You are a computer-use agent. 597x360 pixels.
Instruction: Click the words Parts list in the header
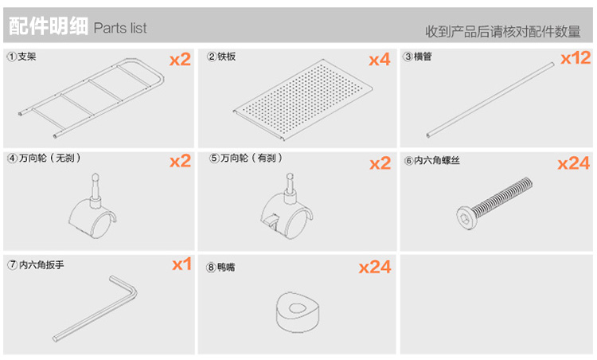pos(120,28)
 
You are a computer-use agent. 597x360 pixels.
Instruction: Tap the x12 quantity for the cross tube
pos(576,58)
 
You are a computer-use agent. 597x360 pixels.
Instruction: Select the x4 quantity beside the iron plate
pos(379,60)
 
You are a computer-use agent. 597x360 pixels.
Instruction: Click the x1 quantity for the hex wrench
pos(181,264)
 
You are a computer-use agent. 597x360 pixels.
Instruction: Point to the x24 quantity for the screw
pos(574,163)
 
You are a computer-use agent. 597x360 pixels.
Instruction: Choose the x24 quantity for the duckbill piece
pos(375,267)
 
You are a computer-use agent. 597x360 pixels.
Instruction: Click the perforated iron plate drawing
pos(303,100)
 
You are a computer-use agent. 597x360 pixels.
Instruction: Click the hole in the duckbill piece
pos(298,308)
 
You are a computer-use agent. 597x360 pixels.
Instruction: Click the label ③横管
pos(418,57)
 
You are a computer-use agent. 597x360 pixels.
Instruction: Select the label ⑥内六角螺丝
pos(432,160)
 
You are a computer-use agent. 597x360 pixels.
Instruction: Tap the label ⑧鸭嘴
pos(220,267)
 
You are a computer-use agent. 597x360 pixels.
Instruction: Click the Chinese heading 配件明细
pos(49,26)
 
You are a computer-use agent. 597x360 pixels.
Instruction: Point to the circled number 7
pos(13,264)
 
